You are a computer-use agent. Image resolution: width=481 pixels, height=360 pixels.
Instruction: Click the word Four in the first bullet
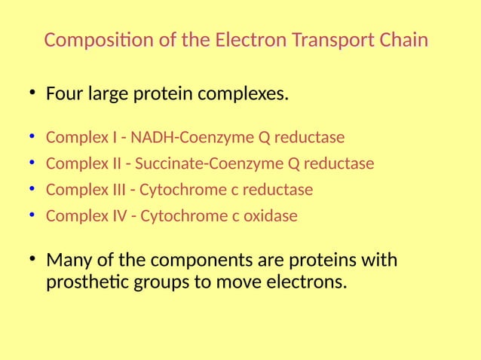tap(64, 96)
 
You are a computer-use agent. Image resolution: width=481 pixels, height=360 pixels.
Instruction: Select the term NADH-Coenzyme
tap(193, 139)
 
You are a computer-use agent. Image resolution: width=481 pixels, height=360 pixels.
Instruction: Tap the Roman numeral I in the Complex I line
tap(115, 139)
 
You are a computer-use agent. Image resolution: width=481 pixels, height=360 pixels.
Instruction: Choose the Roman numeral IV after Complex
tap(119, 216)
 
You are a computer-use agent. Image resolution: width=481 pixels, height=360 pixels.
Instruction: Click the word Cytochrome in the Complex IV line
tap(177, 216)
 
